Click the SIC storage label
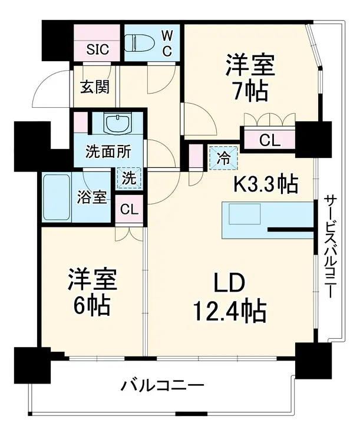(98, 49)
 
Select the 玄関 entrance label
(94, 87)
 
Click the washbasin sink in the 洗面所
(117, 124)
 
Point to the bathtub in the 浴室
(57, 197)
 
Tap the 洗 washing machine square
(129, 179)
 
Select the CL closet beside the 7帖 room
(269, 141)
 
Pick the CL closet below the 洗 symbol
(129, 209)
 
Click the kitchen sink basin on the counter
(245, 213)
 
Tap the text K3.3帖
(266, 184)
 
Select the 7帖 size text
(250, 91)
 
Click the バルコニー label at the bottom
(163, 386)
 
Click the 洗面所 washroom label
(108, 151)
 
